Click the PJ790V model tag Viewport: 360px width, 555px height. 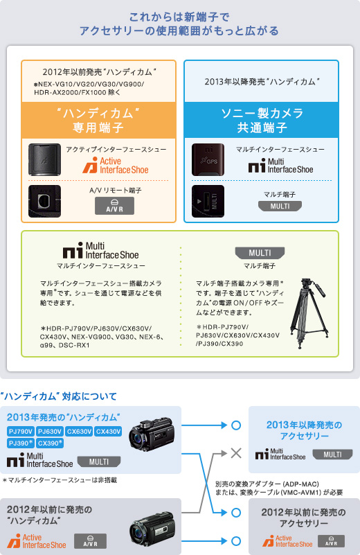point(21,432)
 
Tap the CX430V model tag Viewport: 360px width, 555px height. point(108,432)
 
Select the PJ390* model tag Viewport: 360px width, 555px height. point(21,443)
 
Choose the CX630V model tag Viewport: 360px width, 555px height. point(79,432)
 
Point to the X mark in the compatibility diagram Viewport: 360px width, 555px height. point(236,453)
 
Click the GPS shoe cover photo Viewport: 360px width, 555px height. point(208,159)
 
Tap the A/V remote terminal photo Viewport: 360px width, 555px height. point(44,201)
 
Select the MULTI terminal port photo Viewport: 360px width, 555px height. point(208,201)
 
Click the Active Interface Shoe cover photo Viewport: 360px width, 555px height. point(44,159)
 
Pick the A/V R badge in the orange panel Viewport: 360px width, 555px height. point(114,206)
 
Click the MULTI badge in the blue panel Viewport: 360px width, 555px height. point(280,206)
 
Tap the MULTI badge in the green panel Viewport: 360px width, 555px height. point(260,253)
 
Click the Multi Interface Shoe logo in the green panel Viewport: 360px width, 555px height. point(101,251)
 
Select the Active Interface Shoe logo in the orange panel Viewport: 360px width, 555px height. point(116,166)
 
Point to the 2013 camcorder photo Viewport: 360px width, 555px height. point(152,435)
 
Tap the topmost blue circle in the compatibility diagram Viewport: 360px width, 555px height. point(236,425)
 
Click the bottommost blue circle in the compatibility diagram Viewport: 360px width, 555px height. point(236,541)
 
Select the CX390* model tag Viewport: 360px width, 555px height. point(50,443)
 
